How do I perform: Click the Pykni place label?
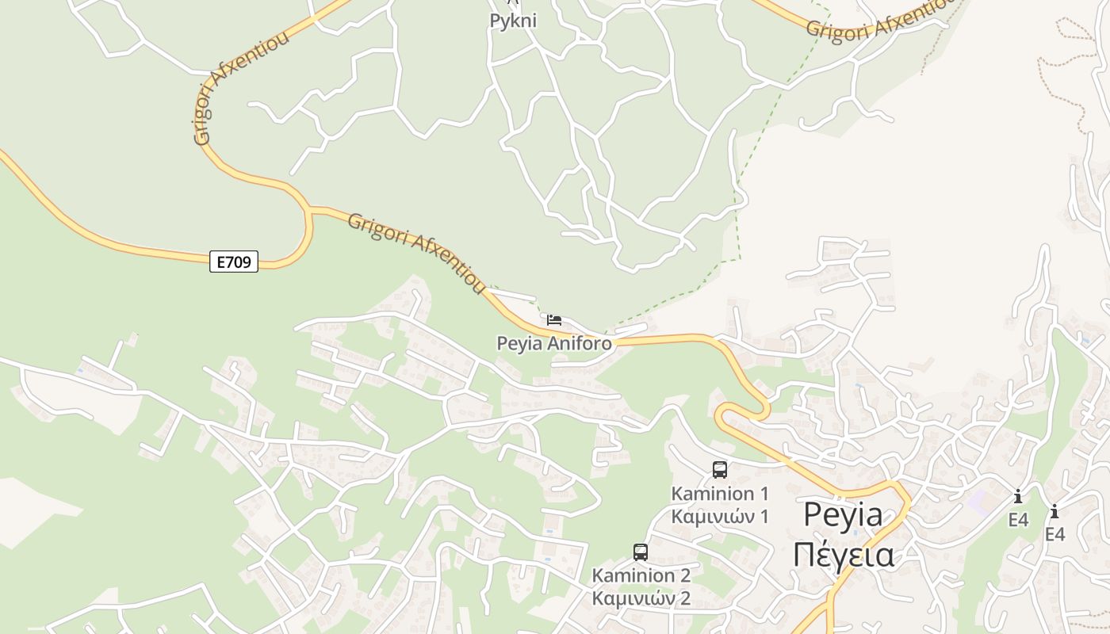[x=513, y=21]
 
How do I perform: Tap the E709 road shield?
[x=234, y=262]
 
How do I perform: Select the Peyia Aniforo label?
[x=554, y=343]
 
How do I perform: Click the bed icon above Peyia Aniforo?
[x=554, y=320]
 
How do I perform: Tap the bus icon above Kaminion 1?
[x=720, y=469]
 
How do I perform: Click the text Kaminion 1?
[x=720, y=494]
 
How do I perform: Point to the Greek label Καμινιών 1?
[x=720, y=517]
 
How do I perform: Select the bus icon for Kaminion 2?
[x=641, y=552]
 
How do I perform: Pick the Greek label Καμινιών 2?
[x=641, y=598]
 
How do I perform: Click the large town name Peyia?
[x=843, y=515]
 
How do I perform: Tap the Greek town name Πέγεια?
[x=843, y=555]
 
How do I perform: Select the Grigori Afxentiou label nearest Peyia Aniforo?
[x=416, y=253]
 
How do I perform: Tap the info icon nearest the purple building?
[x=1018, y=497]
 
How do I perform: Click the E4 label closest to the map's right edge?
[x=1054, y=535]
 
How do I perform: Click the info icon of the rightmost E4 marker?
[x=1054, y=512]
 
